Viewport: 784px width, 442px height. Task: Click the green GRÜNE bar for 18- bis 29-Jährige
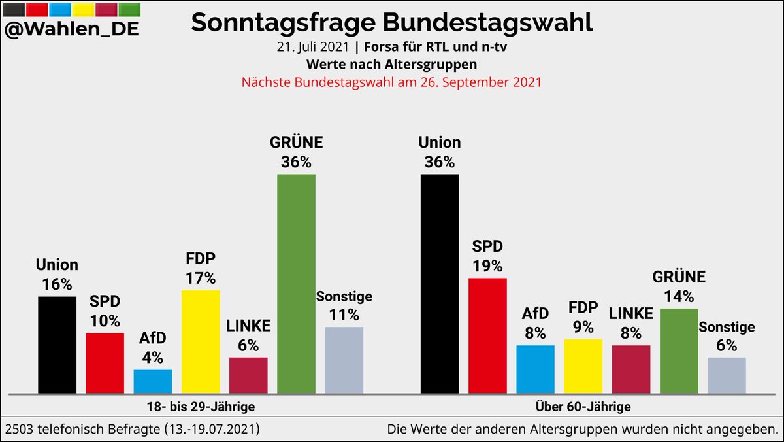click(296, 284)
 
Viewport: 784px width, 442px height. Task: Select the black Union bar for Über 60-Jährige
click(440, 284)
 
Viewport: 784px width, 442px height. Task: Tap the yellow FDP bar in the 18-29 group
click(201, 341)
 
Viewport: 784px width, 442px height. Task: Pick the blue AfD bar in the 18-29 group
click(153, 381)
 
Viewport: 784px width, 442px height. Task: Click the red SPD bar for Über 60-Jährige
click(487, 335)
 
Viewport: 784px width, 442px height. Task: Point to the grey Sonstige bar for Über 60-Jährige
click(727, 375)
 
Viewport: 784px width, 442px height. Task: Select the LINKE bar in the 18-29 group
click(248, 375)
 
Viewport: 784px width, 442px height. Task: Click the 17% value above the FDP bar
click(201, 278)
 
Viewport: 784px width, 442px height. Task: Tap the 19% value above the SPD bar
click(487, 266)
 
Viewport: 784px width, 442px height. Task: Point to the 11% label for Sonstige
click(344, 314)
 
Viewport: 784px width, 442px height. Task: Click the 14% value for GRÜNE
click(679, 296)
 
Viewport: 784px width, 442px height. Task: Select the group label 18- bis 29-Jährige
click(200, 407)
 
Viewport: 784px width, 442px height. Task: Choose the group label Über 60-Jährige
click(583, 407)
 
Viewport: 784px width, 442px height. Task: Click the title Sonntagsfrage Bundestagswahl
click(392, 22)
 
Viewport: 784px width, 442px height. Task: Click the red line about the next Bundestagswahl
click(392, 83)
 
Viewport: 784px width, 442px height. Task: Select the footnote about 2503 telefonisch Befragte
click(133, 429)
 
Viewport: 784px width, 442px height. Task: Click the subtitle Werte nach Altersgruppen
click(392, 65)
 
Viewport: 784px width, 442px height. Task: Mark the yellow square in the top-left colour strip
click(82, 9)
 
